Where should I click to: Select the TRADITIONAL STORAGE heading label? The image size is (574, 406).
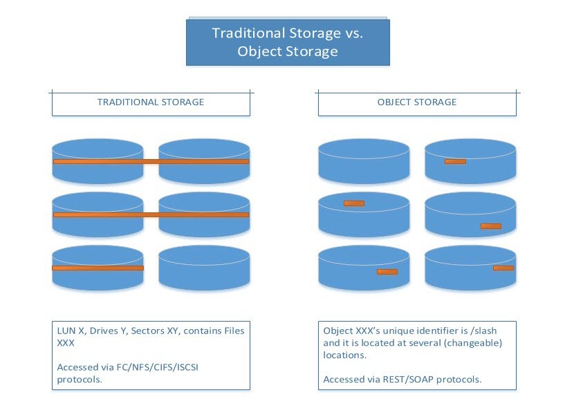click(x=151, y=102)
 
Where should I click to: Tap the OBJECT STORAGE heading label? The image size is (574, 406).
click(x=416, y=102)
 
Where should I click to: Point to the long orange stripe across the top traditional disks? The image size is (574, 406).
click(x=151, y=161)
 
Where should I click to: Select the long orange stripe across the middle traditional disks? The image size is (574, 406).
click(x=151, y=214)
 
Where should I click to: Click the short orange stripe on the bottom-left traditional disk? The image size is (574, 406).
click(x=98, y=268)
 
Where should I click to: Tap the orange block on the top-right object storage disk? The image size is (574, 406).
click(x=455, y=161)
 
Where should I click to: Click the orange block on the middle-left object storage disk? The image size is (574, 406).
click(x=353, y=203)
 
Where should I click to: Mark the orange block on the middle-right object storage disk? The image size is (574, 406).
click(x=491, y=226)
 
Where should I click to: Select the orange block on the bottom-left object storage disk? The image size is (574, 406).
click(x=387, y=271)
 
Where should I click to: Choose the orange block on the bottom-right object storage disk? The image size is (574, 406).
click(x=503, y=268)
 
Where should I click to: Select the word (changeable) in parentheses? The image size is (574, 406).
click(x=455, y=343)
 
